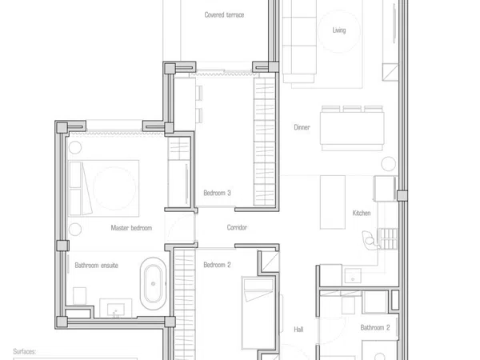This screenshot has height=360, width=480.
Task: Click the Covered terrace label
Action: click(x=224, y=14)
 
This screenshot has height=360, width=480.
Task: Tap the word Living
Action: click(x=339, y=30)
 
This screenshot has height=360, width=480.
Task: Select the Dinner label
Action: click(x=302, y=127)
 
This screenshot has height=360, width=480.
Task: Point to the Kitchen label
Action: click(x=362, y=213)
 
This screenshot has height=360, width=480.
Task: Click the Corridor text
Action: click(x=237, y=227)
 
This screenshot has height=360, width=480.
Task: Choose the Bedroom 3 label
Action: click(x=217, y=193)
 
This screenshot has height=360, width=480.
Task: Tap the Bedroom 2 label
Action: click(x=217, y=265)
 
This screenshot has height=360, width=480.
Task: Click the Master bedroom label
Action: click(x=131, y=228)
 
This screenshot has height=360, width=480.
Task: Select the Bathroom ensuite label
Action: click(x=97, y=266)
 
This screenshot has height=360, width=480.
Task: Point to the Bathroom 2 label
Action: click(x=375, y=328)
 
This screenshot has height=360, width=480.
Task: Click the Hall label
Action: click(x=298, y=330)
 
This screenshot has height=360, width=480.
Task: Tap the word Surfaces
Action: click(x=24, y=351)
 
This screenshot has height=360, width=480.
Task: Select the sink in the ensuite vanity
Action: click(x=116, y=310)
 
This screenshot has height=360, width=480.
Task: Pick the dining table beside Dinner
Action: click(x=352, y=128)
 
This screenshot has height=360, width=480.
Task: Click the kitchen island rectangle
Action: click(x=333, y=202)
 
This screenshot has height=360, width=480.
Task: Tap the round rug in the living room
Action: click(x=339, y=31)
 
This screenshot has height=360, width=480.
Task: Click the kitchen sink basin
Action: click(x=353, y=275)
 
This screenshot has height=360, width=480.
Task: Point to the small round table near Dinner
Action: click(x=389, y=163)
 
